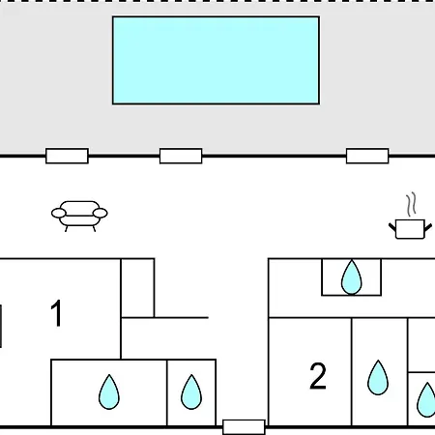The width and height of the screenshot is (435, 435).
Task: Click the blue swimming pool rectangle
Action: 216,60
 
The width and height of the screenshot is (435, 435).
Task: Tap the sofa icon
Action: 79,217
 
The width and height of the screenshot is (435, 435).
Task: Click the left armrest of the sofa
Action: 59,213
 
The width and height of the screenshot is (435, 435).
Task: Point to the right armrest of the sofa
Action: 100,213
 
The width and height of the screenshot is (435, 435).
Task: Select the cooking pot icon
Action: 410,216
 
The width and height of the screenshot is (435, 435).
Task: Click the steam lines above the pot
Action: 411,204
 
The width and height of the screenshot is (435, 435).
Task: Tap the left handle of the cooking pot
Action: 392,226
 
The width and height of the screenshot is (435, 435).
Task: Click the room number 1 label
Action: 56,313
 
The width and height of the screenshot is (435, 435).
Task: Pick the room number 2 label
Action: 318,376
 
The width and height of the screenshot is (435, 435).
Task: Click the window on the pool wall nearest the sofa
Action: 67,156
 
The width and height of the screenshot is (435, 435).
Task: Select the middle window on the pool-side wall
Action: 181,156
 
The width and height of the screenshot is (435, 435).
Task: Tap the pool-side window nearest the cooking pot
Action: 367,156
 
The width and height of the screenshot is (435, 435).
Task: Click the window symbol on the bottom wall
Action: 244,427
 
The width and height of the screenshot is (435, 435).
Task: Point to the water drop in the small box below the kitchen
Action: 352,277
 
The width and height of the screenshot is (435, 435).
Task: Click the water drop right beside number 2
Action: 378,378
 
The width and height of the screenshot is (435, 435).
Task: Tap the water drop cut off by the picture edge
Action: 426,399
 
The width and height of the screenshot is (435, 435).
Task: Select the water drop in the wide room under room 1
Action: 109,391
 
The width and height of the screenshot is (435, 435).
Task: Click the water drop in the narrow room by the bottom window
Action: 191,391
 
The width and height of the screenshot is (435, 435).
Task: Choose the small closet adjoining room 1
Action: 137,288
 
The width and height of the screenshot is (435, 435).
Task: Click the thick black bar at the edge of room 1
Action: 1,326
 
